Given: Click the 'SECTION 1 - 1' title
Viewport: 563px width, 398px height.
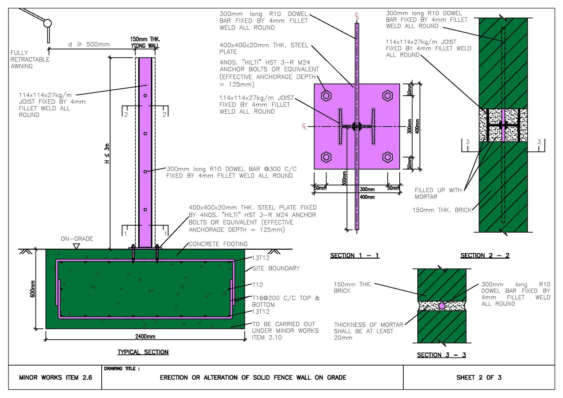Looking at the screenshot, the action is pos(354,255).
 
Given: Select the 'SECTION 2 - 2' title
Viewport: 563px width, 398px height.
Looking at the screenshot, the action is pos(485,255).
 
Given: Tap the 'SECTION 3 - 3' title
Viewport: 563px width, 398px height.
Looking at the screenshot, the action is pos(441,355).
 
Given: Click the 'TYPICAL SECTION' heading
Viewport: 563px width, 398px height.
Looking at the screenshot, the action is pos(143,352).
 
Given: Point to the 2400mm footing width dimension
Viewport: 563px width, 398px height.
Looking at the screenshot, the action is pos(145,336).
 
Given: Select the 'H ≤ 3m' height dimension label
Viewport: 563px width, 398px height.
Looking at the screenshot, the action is pos(107,153).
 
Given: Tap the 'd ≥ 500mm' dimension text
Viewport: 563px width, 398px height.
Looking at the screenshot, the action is pos(89,44).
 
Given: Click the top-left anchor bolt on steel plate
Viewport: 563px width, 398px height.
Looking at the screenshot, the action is pos(326,96).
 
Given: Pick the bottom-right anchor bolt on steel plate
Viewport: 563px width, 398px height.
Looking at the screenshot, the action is pos(387,157).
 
